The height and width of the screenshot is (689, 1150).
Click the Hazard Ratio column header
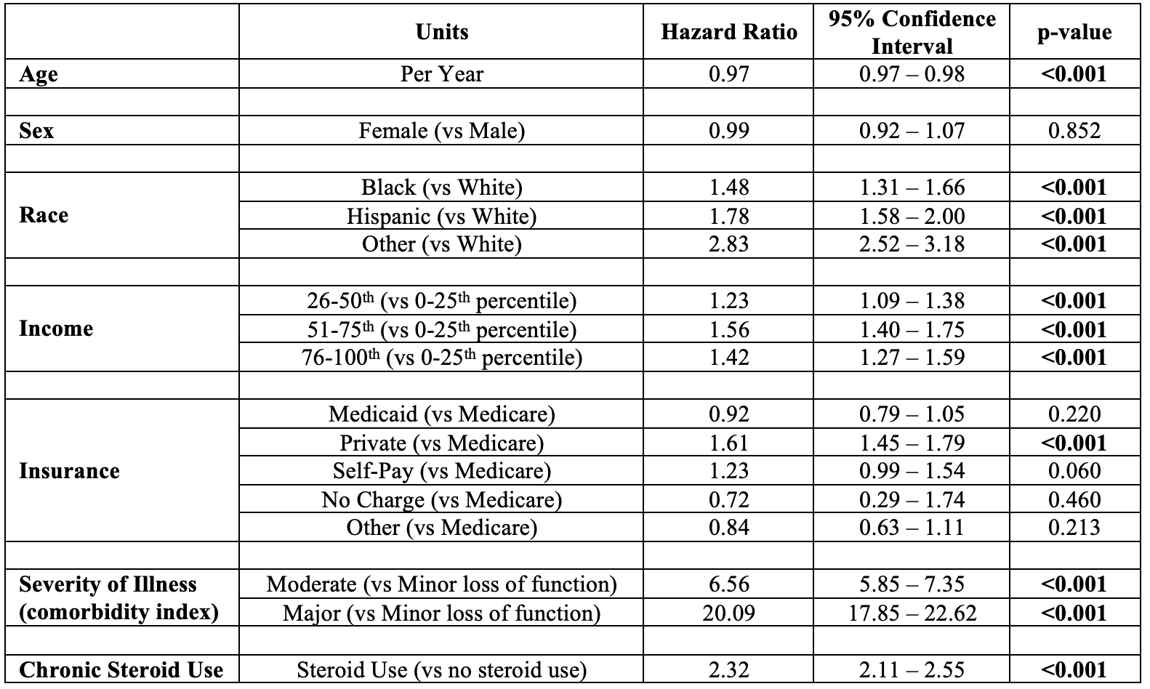click(729, 32)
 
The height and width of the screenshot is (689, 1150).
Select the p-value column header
click(1074, 33)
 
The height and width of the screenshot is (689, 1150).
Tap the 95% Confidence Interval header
click(912, 33)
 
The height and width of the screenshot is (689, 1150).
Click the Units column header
click(441, 32)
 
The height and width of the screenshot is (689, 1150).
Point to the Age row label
click(39, 75)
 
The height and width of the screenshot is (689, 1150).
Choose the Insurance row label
click(69, 471)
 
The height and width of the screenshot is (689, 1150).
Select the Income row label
click(56, 329)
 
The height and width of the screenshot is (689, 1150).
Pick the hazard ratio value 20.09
click(729, 613)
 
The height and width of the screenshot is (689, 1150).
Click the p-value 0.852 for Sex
click(1074, 131)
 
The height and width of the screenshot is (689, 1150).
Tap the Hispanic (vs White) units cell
click(441, 216)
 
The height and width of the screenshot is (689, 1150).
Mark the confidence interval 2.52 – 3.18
click(912, 244)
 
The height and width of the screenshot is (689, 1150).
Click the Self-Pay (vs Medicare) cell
click(441, 471)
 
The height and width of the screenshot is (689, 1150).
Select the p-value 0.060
click(1074, 471)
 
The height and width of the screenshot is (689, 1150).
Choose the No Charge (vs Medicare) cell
click(441, 500)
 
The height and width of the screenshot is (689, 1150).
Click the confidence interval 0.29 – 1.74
click(912, 499)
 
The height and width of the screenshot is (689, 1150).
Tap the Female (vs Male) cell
click(441, 131)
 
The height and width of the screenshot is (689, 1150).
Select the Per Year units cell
click(441, 74)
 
